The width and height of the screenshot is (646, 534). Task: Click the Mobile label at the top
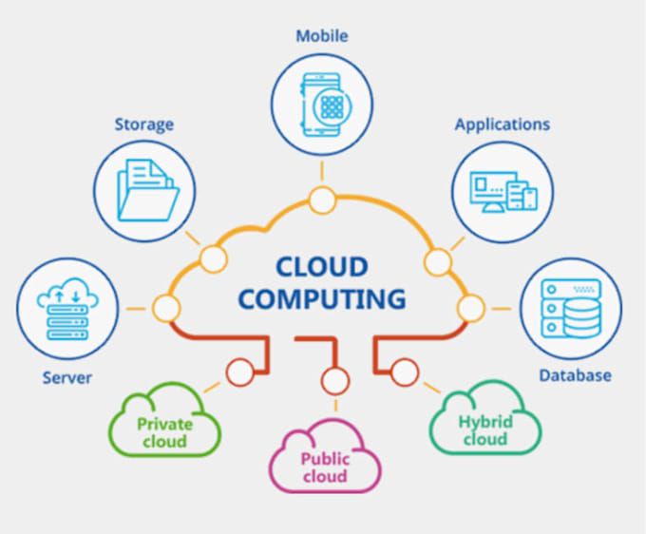click(x=322, y=36)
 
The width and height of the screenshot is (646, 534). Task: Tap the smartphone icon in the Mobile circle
click(x=322, y=105)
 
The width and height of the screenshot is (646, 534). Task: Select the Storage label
click(x=143, y=124)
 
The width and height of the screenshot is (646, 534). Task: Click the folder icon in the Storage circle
click(x=147, y=189)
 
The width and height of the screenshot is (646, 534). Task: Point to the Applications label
click(x=503, y=124)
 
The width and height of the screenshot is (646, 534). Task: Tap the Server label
click(x=67, y=378)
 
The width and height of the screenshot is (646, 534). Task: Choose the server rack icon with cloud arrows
click(x=67, y=309)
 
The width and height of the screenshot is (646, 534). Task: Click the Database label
click(x=575, y=375)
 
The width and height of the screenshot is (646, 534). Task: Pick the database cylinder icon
click(x=580, y=318)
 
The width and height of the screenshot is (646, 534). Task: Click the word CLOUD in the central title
click(x=322, y=267)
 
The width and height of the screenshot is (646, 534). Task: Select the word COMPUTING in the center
click(x=322, y=298)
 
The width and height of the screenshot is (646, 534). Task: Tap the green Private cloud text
click(x=164, y=432)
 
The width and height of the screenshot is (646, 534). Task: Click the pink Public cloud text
click(x=326, y=467)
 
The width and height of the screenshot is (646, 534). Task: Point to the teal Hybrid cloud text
click(x=485, y=430)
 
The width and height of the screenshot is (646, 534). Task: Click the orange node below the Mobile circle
click(x=322, y=200)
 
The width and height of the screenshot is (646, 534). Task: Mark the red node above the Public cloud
click(x=335, y=381)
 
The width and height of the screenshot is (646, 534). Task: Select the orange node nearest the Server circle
click(x=166, y=308)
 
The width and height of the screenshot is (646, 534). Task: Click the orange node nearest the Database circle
click(x=470, y=308)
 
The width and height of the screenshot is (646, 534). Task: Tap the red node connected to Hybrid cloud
click(x=405, y=372)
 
